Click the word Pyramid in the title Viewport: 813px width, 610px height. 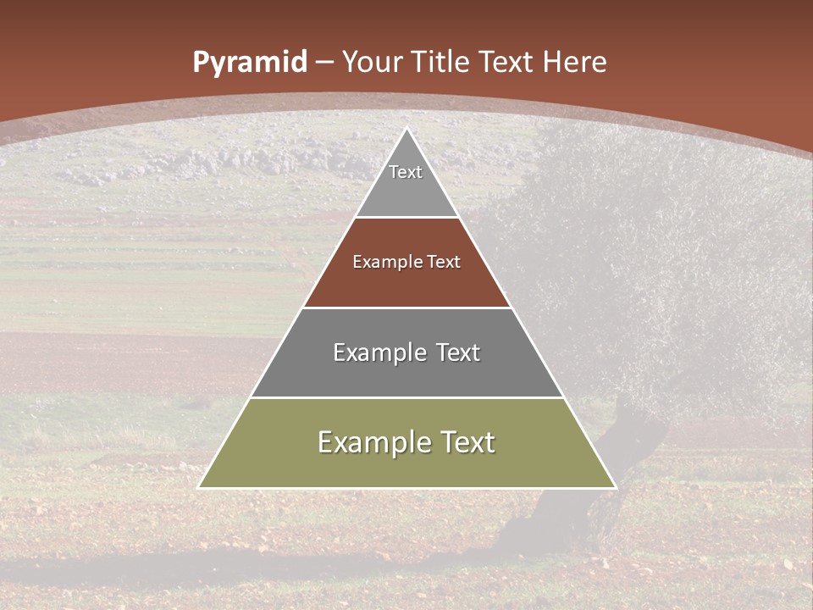pos(249,63)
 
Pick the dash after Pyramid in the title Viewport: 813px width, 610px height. pos(324,63)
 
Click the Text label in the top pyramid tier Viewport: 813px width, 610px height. pos(406,172)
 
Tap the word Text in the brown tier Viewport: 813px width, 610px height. pos(444,262)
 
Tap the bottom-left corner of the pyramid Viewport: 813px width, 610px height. pos(199,487)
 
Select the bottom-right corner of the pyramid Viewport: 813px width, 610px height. pos(616,487)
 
